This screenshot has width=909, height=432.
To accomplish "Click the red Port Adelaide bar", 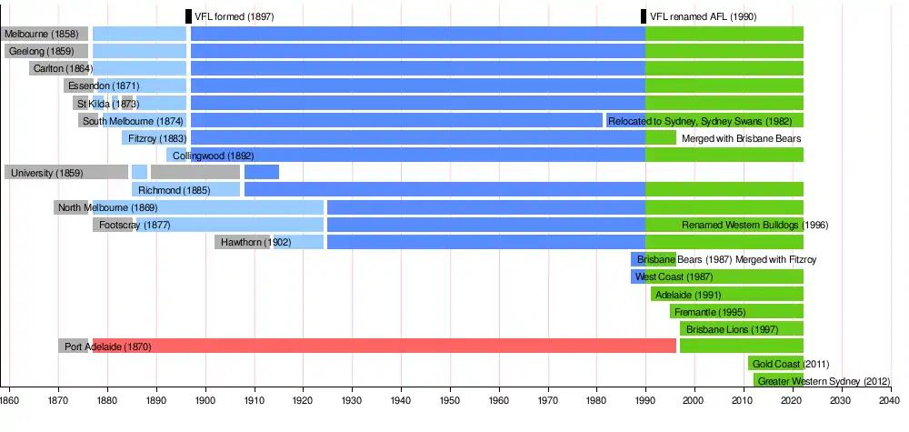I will [x=409, y=346].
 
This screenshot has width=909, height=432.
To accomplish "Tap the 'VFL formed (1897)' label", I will [x=234, y=16].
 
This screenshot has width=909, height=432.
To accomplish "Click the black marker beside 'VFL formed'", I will [x=188, y=16].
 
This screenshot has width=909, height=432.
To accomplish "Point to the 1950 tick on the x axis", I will [x=450, y=399].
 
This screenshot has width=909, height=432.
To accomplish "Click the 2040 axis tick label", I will [x=890, y=399].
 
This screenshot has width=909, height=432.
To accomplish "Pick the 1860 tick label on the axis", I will [x=9, y=399].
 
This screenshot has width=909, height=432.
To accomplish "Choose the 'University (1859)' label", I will [x=44, y=173].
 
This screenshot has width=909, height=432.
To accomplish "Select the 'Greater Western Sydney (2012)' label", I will [x=824, y=381].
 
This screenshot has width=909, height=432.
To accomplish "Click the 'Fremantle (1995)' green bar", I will [x=736, y=312].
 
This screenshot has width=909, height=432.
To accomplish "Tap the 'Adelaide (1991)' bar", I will [x=727, y=295].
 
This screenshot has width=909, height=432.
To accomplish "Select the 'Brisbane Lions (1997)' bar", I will [x=741, y=329].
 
